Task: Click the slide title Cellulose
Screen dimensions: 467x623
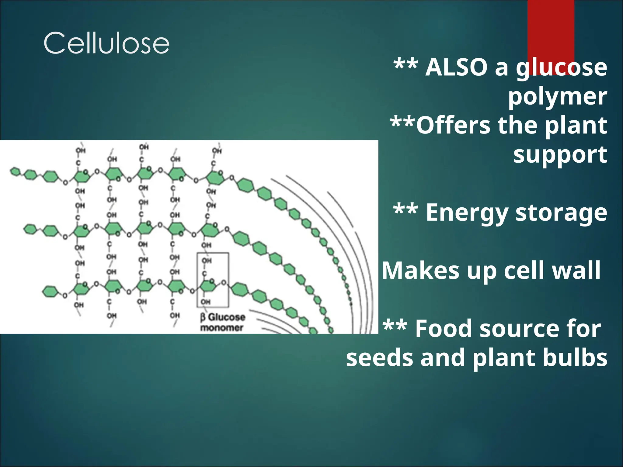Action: [106, 43]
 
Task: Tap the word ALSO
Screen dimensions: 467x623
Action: [456, 67]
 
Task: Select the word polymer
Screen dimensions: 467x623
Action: [557, 96]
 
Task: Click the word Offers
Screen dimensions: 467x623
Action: [453, 125]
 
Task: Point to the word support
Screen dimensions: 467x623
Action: [560, 154]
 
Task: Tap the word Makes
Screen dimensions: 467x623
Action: [420, 270]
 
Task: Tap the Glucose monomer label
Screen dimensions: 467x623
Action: [223, 322]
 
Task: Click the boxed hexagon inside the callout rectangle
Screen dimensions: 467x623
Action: [207, 286]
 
